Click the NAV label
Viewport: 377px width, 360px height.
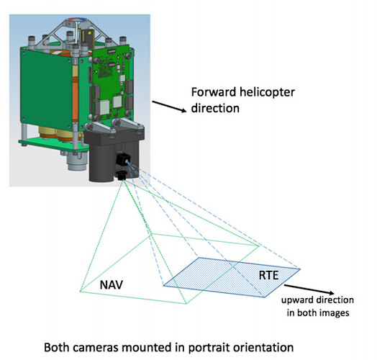111,284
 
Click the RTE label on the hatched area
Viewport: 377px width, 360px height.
268,275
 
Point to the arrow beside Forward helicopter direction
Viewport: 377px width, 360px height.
169,107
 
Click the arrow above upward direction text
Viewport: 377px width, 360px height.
309,289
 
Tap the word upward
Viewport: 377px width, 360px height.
297,300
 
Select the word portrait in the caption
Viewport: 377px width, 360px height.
209,348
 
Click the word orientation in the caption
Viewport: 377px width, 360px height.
263,348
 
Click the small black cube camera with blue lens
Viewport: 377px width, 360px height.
123,159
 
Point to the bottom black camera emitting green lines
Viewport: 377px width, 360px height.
122,175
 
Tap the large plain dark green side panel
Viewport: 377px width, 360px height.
46,89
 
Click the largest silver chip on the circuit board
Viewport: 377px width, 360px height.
104,107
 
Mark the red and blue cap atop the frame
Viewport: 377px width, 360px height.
76,19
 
